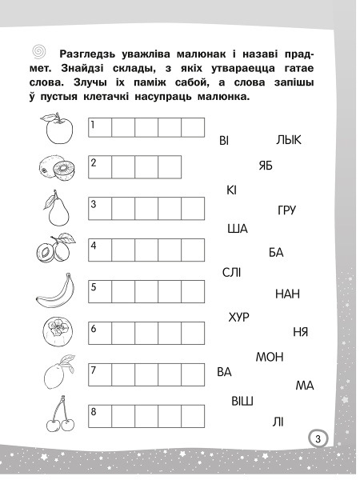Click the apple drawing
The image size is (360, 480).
coord(53,129)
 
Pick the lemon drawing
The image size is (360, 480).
coord(54,373)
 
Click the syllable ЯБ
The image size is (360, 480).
coord(266,166)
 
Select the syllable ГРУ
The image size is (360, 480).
coord(286,210)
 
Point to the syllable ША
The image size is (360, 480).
coord(238,229)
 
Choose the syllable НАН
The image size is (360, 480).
coord(286,294)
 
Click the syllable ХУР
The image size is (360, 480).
coord(239,317)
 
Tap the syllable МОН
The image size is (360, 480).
coord(270,357)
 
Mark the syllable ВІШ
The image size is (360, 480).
coord(242,400)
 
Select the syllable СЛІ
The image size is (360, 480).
coord(232,273)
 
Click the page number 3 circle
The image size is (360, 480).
coord(317,438)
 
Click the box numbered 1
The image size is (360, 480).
coord(99,129)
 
